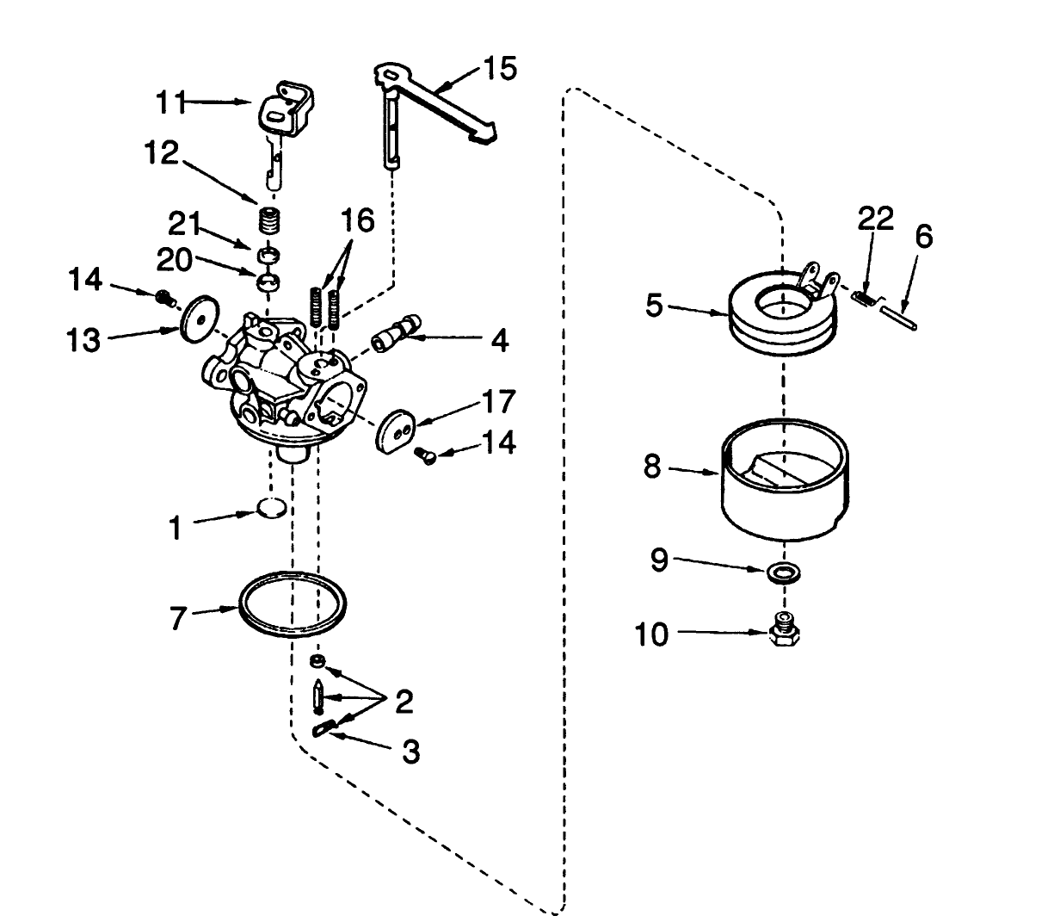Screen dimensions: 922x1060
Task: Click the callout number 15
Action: click(x=499, y=68)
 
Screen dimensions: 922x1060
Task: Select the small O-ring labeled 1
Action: click(x=272, y=509)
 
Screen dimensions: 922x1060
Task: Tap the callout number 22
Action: click(x=874, y=220)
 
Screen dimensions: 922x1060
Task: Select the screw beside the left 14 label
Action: click(x=162, y=297)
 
